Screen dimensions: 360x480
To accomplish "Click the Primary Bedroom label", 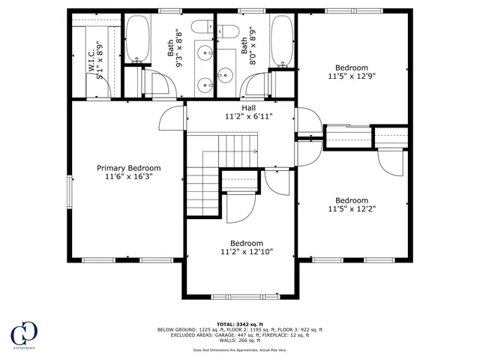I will point(129,168).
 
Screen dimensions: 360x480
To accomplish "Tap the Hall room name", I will point(238,107).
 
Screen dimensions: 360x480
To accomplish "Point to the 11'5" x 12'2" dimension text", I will point(351,209).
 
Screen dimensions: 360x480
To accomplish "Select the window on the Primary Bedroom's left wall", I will point(70,190).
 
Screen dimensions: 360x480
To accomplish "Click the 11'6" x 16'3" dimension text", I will point(129,177).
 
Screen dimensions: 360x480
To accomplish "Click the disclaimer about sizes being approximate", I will point(239,349).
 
